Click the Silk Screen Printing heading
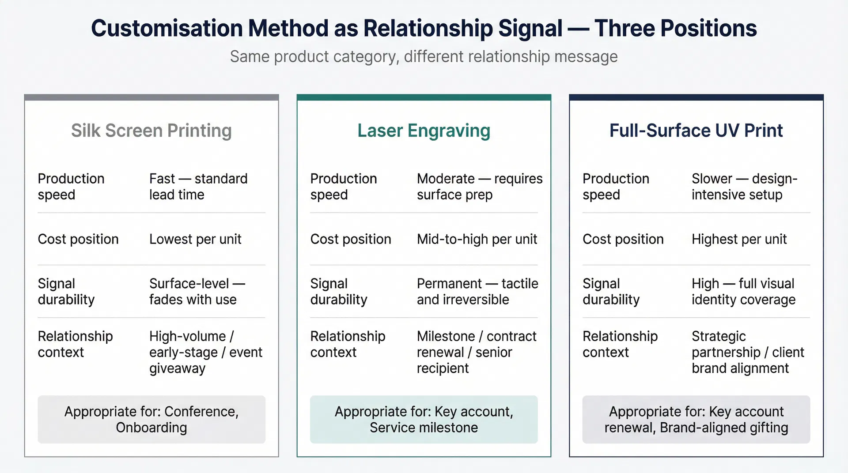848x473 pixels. coord(151,131)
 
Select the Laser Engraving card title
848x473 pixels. coord(424,131)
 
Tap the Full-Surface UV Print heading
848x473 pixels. coord(696,131)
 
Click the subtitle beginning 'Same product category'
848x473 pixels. coord(424,56)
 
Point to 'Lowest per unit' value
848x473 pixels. coord(195,239)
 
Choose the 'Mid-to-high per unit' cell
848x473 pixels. coord(477,239)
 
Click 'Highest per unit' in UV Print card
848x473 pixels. coord(739,239)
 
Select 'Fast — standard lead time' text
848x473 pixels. coord(198,187)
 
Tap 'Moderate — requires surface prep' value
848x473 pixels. coord(479,187)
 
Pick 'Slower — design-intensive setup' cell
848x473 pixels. coord(744,187)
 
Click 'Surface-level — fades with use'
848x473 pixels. coord(197,291)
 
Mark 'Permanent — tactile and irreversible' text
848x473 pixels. coord(477,291)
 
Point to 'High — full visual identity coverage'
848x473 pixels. coord(743,291)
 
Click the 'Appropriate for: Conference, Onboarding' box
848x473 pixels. coord(151,419)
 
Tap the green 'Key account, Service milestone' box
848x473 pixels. coord(424,419)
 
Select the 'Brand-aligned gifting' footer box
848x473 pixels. coord(696,419)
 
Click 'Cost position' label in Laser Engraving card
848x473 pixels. coord(351,239)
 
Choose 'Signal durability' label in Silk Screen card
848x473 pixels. coord(66,291)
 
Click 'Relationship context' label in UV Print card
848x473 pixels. coord(620,344)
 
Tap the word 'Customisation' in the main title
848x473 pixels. coord(167,28)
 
